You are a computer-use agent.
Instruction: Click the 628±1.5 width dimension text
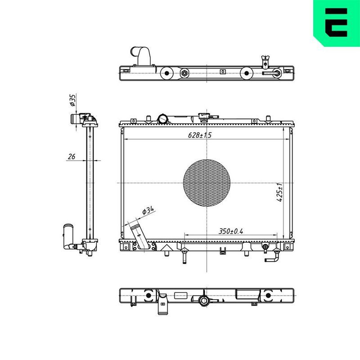pos(199,135)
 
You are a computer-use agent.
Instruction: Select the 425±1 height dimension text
pos(279,193)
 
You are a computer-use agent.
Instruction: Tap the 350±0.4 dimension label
pos(230,231)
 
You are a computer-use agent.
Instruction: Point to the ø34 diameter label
pos(148,211)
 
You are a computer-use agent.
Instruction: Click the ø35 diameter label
pos(72,100)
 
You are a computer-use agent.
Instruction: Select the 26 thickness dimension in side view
pos(72,157)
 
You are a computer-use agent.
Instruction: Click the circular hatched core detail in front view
pos(207,183)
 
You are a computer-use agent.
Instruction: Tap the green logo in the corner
pos(337,23)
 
